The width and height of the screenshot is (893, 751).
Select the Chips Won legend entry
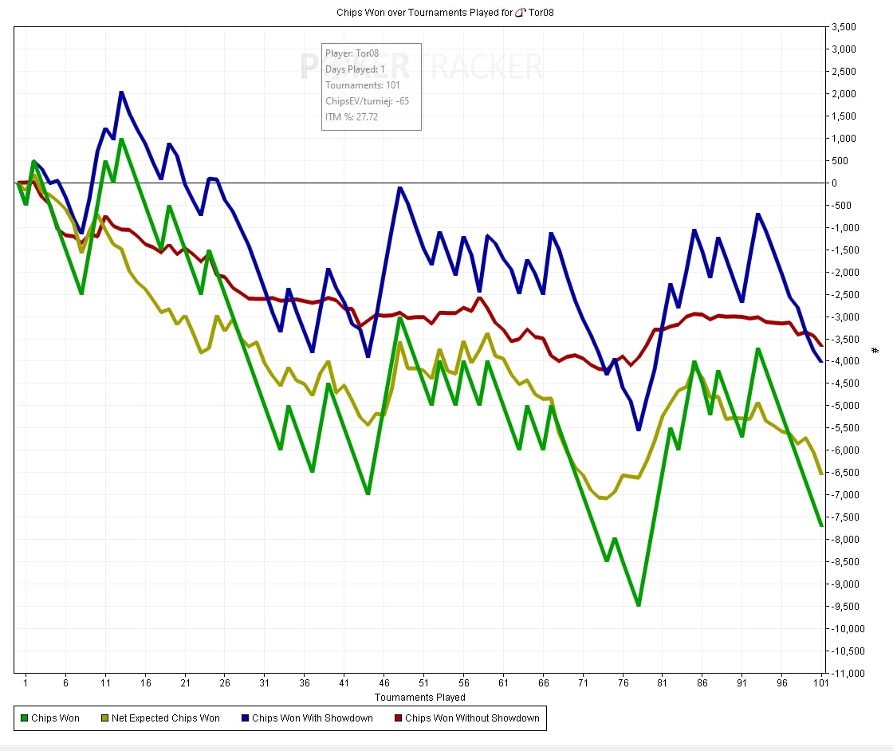tap(55, 718)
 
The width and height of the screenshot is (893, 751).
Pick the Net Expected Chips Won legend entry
tap(165, 718)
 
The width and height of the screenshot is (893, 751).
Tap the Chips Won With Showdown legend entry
tap(312, 718)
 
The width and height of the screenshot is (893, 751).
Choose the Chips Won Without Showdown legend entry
tap(472, 718)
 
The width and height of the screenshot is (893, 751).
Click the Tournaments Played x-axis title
tap(419, 698)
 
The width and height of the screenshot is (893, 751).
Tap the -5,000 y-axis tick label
tap(844, 406)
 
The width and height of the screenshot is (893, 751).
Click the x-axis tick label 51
tap(423, 683)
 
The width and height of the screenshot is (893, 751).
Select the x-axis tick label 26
tap(225, 683)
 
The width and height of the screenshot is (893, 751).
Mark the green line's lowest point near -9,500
tap(639, 605)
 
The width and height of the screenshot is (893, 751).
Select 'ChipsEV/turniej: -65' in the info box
tap(368, 101)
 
